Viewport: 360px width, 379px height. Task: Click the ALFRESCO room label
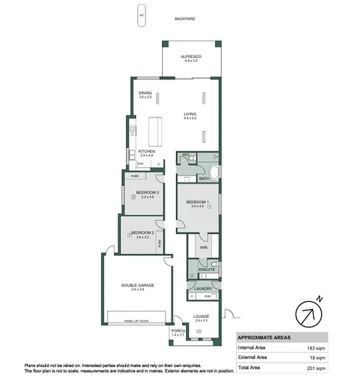[x=191, y=57]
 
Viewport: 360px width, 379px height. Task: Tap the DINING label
[x=145, y=93]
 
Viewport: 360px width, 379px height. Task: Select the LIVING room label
[x=191, y=114]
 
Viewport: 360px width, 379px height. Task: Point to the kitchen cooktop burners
[x=133, y=130]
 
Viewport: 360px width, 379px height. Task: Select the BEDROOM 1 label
[x=198, y=202]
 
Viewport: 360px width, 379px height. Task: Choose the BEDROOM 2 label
[x=143, y=232]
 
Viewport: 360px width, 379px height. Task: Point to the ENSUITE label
[x=207, y=270]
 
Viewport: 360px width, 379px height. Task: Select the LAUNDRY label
[x=203, y=288]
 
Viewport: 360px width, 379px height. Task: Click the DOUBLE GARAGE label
[x=138, y=285]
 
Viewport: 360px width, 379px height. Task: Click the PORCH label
[x=177, y=330]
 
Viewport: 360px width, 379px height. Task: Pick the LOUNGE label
[x=201, y=316]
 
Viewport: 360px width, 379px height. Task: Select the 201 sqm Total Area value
[x=317, y=368]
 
